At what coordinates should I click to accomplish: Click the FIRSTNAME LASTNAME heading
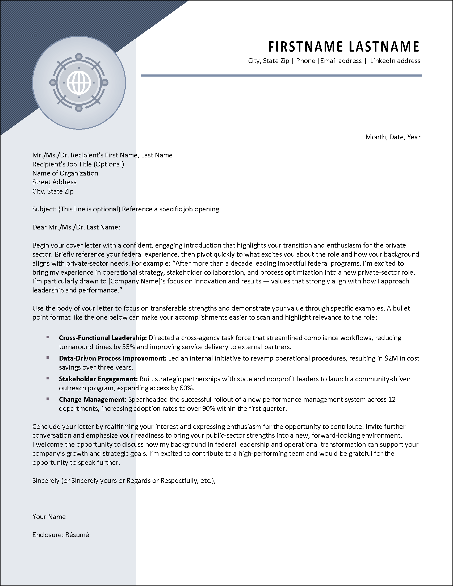pos(343,47)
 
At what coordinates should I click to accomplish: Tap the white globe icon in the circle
pos(79,83)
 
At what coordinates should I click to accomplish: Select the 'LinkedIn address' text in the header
pos(395,61)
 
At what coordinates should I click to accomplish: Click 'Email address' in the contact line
pos(341,61)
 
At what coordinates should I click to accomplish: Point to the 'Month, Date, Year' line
pos(393,137)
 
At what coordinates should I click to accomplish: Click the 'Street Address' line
pos(54,182)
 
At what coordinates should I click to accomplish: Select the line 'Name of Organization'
pos(65,173)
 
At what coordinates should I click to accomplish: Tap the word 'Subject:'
pos(44,209)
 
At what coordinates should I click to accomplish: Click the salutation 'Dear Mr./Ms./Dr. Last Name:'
pos(76,227)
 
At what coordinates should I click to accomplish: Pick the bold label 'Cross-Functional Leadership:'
pos(103,338)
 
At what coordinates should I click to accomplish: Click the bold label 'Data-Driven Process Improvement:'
pos(113,358)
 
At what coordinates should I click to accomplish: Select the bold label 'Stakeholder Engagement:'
pos(98,379)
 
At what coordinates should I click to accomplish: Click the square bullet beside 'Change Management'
pos(48,399)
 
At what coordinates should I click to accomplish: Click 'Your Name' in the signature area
pos(49,517)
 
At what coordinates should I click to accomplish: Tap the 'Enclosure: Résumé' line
pos(61,535)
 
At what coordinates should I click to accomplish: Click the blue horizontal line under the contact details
pos(281,76)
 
